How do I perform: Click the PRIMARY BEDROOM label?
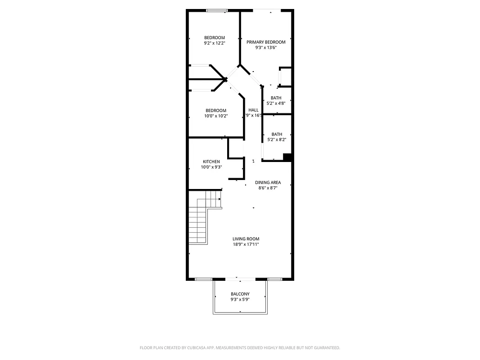tap(266, 42)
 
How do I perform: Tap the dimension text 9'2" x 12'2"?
tap(214, 43)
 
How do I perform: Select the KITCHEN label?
tap(211, 162)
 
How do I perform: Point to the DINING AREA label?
tap(268, 182)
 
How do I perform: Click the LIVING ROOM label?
tap(246, 239)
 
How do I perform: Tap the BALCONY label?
tap(240, 294)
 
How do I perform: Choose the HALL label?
tap(254, 110)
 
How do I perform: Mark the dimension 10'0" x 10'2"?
tap(216, 116)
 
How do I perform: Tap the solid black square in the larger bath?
tap(287, 157)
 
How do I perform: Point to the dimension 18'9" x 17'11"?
tap(246, 244)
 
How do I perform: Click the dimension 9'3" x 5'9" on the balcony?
tap(240, 299)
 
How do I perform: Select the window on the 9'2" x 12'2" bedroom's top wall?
tap(217, 10)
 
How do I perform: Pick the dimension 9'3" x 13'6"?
tap(266, 47)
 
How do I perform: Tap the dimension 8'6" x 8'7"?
tap(268, 188)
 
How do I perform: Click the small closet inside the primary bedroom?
tap(286, 76)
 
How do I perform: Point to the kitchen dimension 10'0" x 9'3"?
tap(211, 167)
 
